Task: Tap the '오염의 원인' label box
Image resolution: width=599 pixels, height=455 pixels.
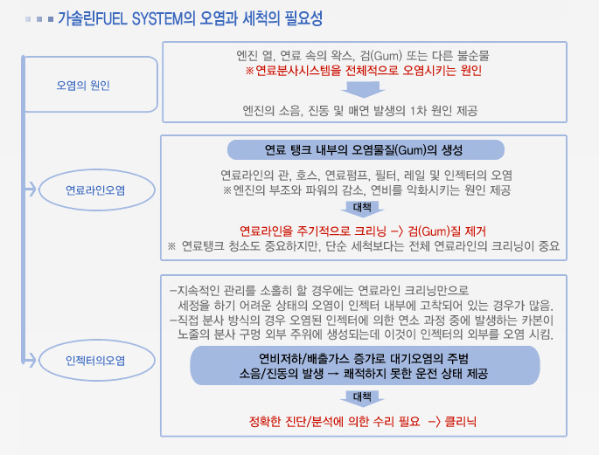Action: coord(91,85)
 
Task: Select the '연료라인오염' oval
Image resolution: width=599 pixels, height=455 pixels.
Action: coord(97,190)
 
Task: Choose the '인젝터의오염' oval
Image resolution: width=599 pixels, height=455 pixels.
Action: coord(97,361)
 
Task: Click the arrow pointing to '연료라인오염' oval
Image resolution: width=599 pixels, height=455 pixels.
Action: coord(31,190)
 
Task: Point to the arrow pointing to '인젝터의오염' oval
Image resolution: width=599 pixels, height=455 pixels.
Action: coord(31,360)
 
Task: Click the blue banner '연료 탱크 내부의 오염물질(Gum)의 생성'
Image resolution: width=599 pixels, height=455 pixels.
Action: coord(366,150)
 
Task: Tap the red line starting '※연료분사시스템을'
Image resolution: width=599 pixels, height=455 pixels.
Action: coord(363,71)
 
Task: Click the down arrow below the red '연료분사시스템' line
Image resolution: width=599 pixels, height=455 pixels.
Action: coord(363,89)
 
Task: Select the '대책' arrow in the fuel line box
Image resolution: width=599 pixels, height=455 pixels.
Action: coord(362,209)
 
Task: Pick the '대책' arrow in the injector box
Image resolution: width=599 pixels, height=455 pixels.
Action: coord(362,398)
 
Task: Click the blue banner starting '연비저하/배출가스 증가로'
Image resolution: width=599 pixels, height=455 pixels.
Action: coord(365,365)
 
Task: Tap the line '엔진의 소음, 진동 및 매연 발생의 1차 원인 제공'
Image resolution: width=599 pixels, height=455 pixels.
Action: coord(360,111)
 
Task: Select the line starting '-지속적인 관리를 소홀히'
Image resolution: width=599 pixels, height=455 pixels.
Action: coord(319,291)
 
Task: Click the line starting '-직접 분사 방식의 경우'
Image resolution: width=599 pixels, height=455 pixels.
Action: coord(362,320)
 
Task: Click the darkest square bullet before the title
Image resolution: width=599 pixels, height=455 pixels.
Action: coord(51,19)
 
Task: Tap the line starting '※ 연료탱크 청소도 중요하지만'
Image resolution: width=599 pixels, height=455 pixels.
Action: coord(363,245)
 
